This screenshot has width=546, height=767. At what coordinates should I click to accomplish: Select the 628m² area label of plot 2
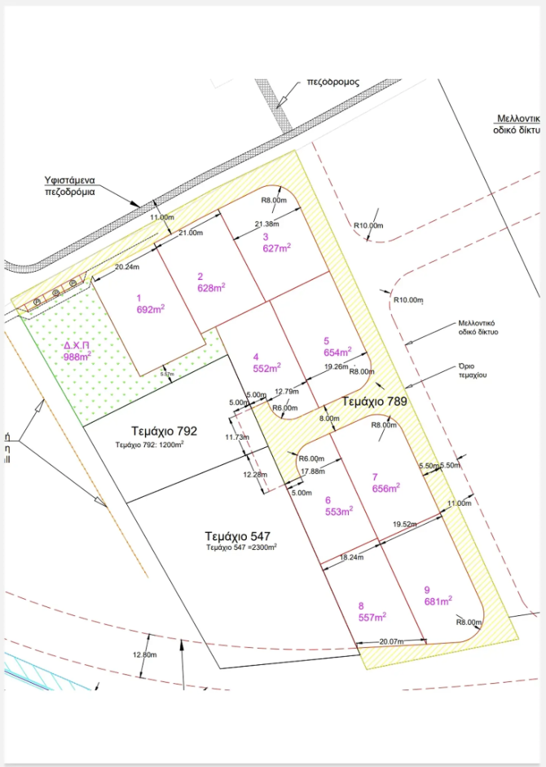211,287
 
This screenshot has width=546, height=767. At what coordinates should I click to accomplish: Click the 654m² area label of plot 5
337,352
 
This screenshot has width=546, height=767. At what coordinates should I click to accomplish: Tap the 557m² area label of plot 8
372,617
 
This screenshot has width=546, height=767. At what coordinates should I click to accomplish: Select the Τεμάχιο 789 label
374,401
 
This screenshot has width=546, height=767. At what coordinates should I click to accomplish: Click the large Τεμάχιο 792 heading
164,431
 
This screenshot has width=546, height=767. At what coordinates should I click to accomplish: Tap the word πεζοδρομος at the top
332,82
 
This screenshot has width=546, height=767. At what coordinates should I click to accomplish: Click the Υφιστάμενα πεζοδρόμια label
70,186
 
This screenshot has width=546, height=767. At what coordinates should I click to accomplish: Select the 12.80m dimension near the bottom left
144,655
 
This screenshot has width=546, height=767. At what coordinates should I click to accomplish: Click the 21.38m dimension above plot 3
267,224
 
